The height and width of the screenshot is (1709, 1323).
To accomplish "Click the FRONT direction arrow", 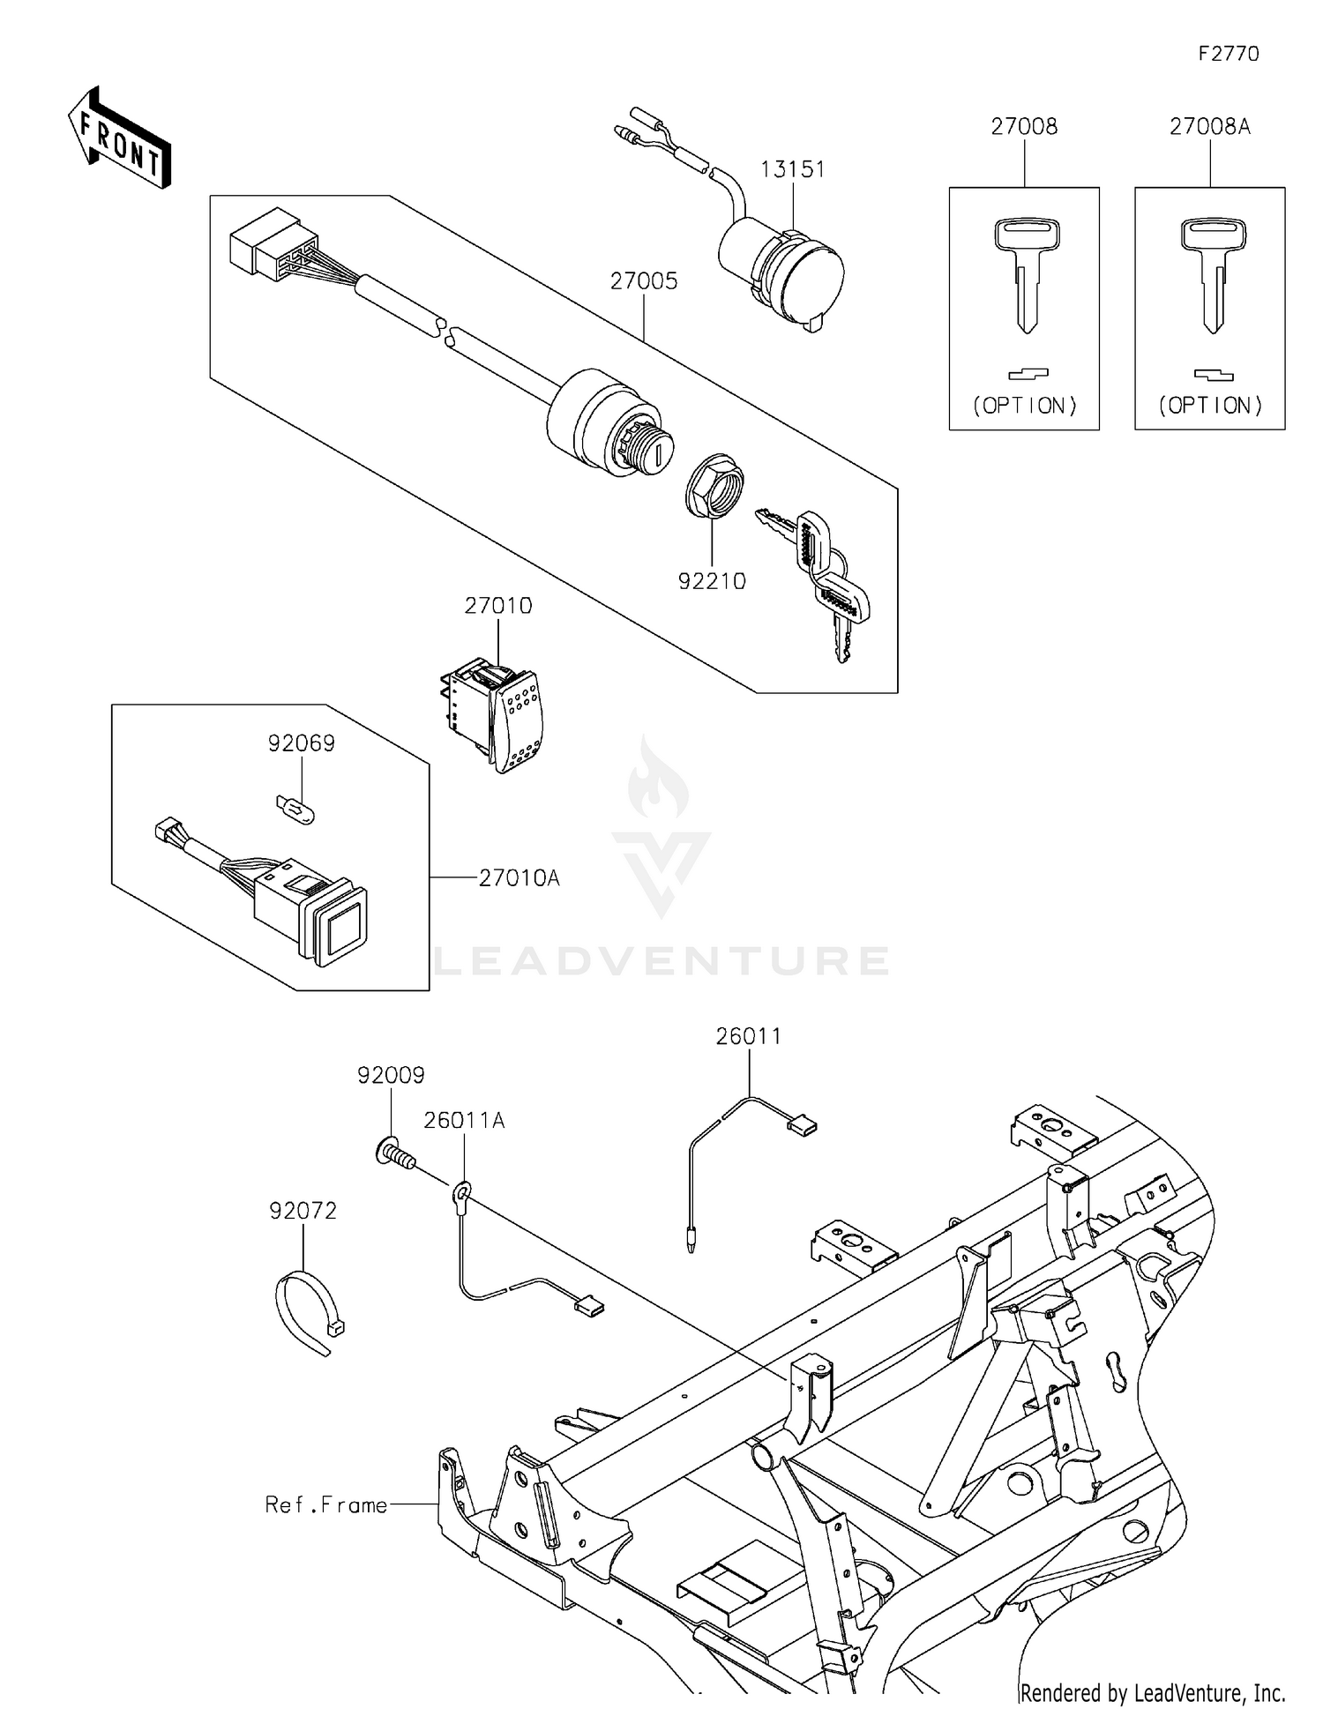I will (119, 138).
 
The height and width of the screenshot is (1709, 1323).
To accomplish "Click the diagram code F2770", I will (1228, 55).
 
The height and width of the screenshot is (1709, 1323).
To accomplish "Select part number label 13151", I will (792, 169).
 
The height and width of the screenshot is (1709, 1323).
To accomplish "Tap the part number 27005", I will (644, 281).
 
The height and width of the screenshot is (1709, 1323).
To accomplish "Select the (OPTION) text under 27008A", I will (1210, 406).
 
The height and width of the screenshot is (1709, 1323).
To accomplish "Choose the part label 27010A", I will (519, 877).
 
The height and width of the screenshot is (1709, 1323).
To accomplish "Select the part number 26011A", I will (464, 1120).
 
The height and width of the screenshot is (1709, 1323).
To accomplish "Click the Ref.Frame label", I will (326, 1504).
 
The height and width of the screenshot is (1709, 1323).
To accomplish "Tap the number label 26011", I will (748, 1036).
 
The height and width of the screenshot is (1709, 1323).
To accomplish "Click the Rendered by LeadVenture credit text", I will (1152, 1692).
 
